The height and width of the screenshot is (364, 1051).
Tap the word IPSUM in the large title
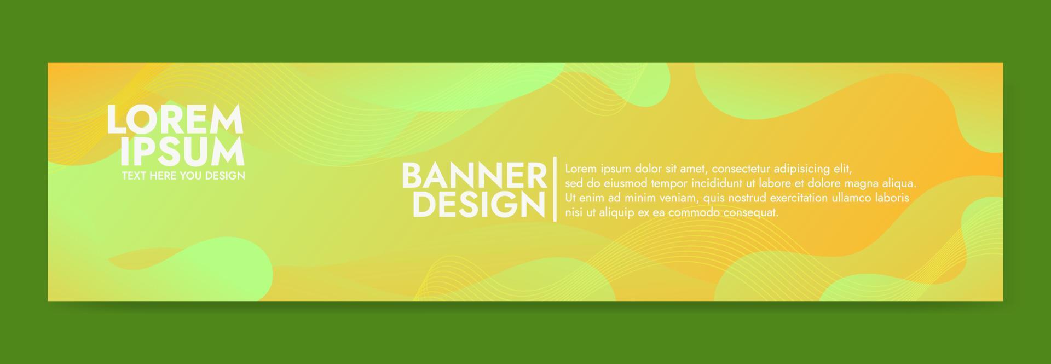[x=182, y=152]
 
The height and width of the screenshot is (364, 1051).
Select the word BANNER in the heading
[x=475, y=176]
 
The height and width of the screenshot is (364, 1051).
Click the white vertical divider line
[x=556, y=189]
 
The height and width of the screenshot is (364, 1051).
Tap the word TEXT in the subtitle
[x=132, y=176]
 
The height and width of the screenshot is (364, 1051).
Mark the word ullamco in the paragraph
[x=852, y=198]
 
